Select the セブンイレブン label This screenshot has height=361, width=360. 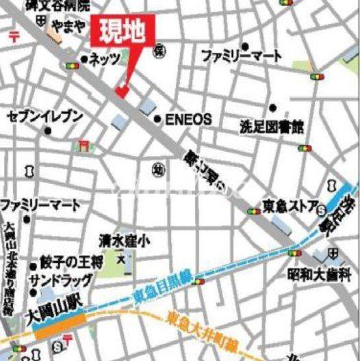tap(45, 117)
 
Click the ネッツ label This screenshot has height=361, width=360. tap(105, 59)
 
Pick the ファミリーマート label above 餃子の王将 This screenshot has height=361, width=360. tap(40, 205)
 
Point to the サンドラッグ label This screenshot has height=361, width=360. tap(60, 280)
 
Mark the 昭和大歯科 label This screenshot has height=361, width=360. tap(319, 276)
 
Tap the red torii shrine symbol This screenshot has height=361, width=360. tap(83, 146)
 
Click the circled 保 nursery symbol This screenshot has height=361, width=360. tap(159, 50)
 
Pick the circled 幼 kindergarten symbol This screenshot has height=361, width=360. tap(158, 169)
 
